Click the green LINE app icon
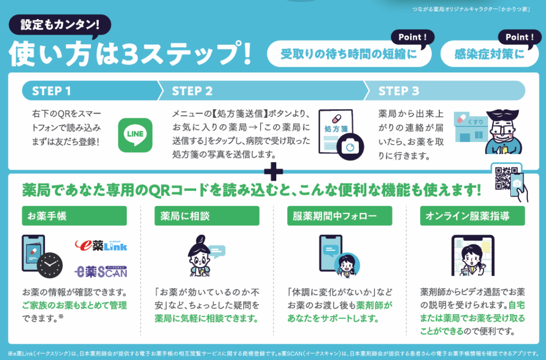pos(135,135)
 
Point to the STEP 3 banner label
pos(399,91)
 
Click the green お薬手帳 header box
pos(74,216)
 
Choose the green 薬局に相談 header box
pos(207,216)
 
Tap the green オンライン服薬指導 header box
pos(473,216)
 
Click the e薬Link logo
pos(101,245)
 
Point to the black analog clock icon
pos(50,264)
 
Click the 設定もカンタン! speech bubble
pos(59,25)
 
